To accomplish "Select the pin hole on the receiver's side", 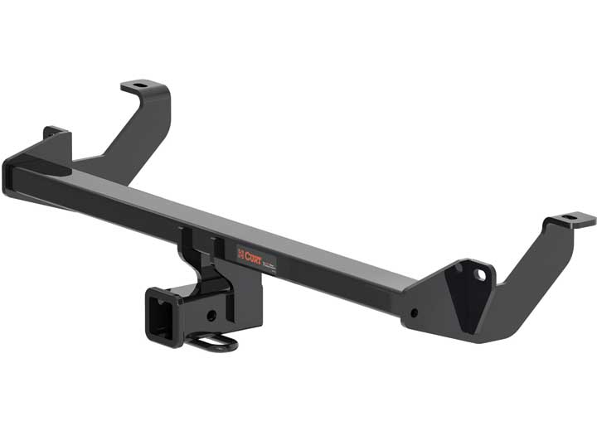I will [213, 316].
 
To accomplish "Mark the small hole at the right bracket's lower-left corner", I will [412, 314].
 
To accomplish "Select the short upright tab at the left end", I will [53, 133].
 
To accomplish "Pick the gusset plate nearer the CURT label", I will [218, 249].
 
